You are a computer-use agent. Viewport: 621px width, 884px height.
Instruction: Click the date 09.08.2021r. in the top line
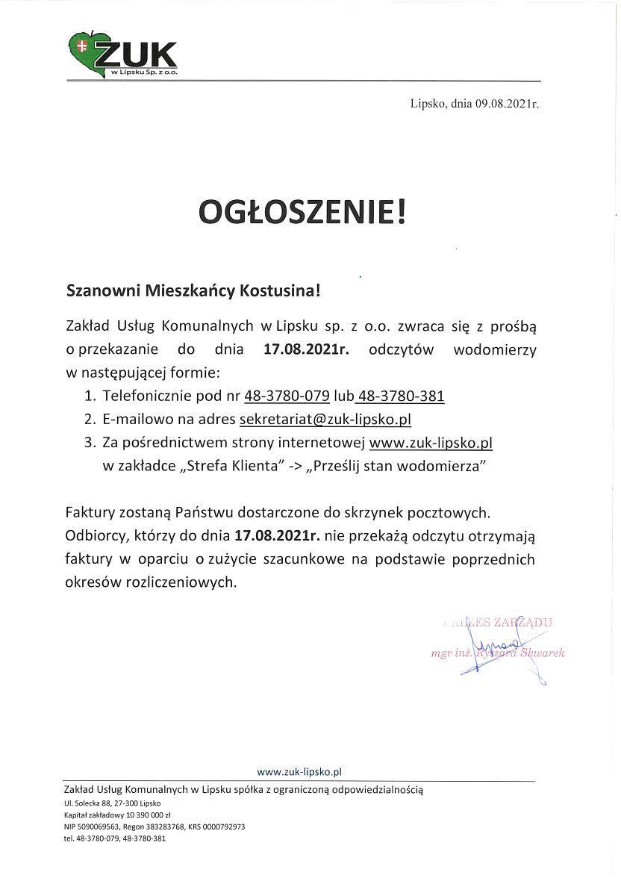tap(506, 105)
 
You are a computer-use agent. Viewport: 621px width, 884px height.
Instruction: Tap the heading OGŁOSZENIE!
tap(304, 212)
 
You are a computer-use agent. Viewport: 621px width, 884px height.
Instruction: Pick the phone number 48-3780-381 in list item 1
tap(402, 396)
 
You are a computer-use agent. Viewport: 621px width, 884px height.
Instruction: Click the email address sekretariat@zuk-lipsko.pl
tap(325, 419)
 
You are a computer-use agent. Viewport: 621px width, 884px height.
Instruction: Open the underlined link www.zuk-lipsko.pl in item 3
tap(431, 443)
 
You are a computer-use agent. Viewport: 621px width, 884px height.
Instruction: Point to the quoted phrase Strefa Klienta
tap(233, 466)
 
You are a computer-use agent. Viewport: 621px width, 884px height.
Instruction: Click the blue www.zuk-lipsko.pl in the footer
tap(299, 772)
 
